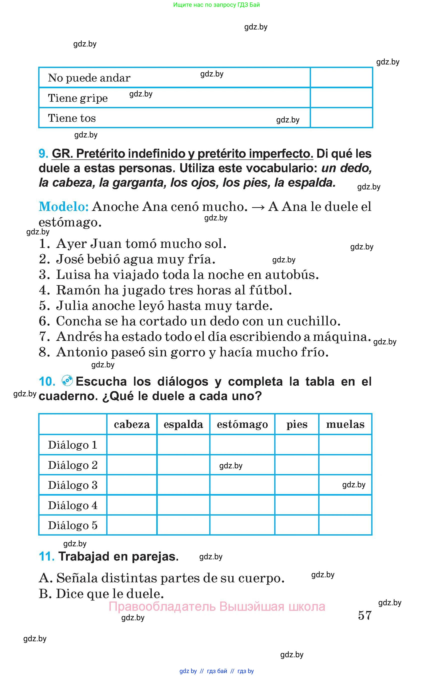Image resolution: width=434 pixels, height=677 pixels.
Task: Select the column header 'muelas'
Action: point(345,424)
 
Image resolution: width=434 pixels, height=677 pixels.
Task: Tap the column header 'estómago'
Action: point(242,424)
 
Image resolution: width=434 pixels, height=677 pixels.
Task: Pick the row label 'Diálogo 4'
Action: point(72,505)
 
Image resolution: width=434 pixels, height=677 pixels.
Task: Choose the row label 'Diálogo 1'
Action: point(72,445)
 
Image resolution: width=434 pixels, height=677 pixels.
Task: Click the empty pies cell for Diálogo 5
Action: point(297,525)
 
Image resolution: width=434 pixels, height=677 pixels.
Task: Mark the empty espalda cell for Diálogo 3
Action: point(183,485)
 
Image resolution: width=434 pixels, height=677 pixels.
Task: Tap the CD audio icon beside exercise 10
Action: point(67,381)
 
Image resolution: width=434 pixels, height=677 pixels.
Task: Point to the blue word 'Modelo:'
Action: point(64,206)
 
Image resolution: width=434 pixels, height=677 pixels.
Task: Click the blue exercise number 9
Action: point(43,154)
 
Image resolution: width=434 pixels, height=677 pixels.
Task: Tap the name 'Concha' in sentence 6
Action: point(79,321)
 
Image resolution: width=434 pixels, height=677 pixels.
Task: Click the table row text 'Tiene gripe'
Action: point(78,98)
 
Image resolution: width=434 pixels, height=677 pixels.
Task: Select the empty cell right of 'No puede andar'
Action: point(341,77)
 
